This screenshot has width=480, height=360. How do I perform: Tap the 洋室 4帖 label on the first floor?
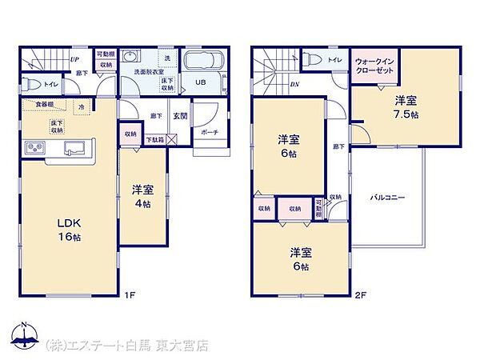click(x=143, y=197)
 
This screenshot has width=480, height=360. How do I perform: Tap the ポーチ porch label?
click(x=210, y=132)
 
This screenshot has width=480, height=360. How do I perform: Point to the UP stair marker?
click(x=74, y=59)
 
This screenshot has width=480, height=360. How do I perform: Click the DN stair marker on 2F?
click(x=294, y=85)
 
